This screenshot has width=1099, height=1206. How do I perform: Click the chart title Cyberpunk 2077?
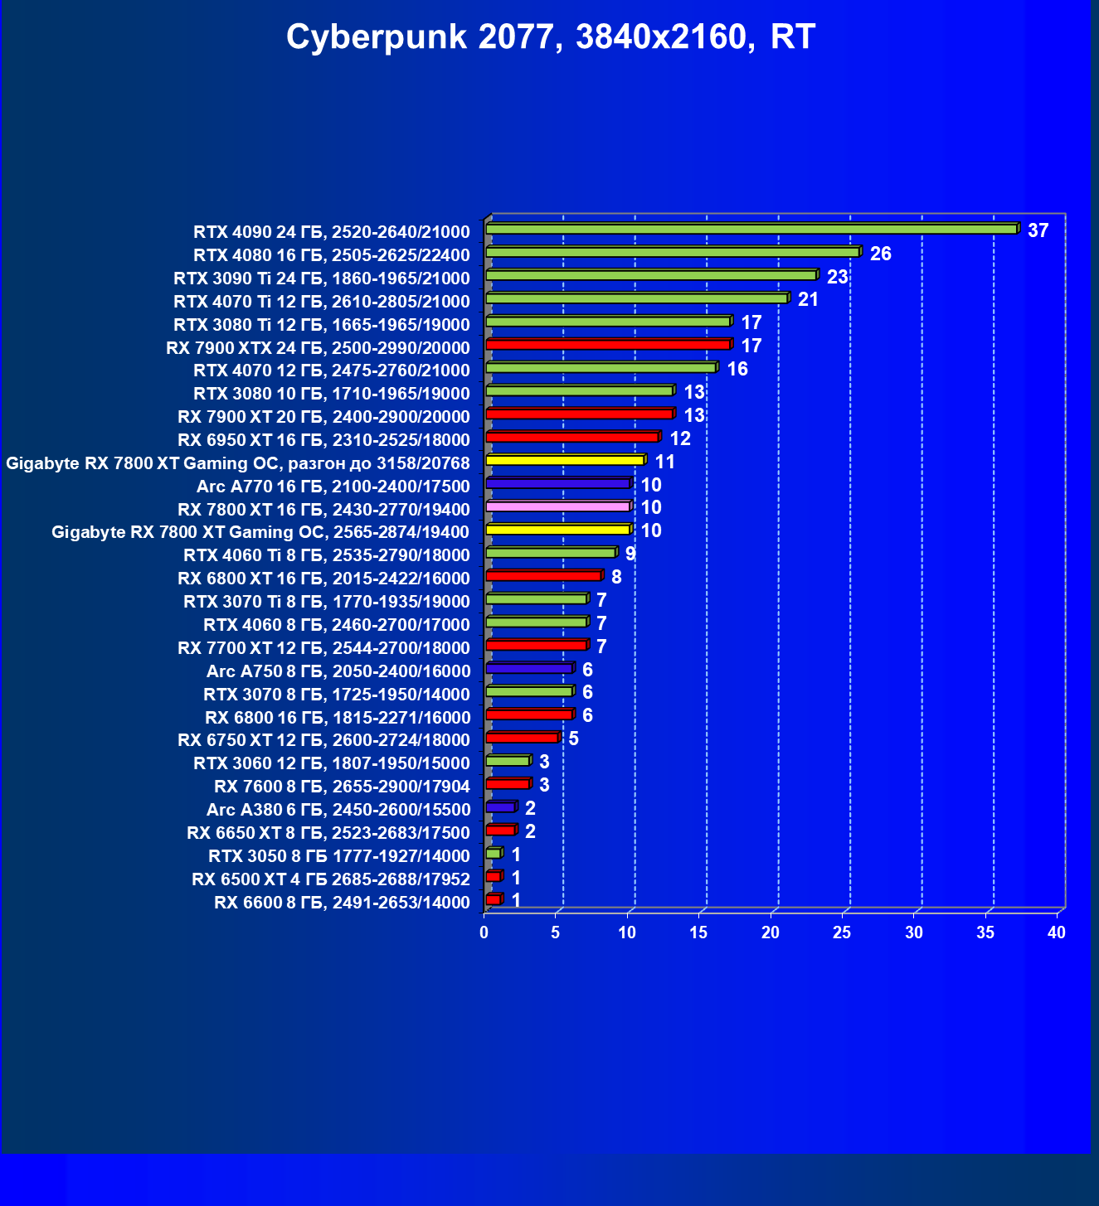(x=551, y=37)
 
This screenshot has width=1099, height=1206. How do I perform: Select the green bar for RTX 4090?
(x=751, y=229)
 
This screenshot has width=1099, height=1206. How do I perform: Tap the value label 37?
(x=1038, y=230)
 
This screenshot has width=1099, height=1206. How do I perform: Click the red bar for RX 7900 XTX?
(x=608, y=345)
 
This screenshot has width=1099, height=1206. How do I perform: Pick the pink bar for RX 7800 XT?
(x=557, y=506)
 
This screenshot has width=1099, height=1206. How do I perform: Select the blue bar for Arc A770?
(x=557, y=483)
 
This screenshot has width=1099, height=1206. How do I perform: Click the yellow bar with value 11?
(x=565, y=460)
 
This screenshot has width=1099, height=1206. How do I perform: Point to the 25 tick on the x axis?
(x=842, y=932)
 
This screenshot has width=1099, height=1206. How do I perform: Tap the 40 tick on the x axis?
(x=1057, y=932)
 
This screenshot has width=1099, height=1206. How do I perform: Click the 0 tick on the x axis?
(x=484, y=932)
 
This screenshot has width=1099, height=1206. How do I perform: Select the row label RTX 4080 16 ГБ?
(x=331, y=255)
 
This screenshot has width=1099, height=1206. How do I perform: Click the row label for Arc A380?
(x=338, y=810)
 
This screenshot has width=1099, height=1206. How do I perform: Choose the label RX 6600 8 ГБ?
(x=342, y=903)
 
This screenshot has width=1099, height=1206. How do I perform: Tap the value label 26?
(x=880, y=254)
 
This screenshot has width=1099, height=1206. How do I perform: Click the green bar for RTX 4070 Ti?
(x=636, y=298)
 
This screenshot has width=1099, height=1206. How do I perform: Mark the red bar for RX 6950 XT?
(x=572, y=437)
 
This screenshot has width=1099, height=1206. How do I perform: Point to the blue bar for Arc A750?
(x=529, y=668)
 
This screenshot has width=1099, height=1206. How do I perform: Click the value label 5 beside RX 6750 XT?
(x=573, y=739)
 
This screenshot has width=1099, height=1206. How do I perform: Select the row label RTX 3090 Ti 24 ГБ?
(x=321, y=278)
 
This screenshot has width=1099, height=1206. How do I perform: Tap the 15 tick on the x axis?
(x=698, y=932)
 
